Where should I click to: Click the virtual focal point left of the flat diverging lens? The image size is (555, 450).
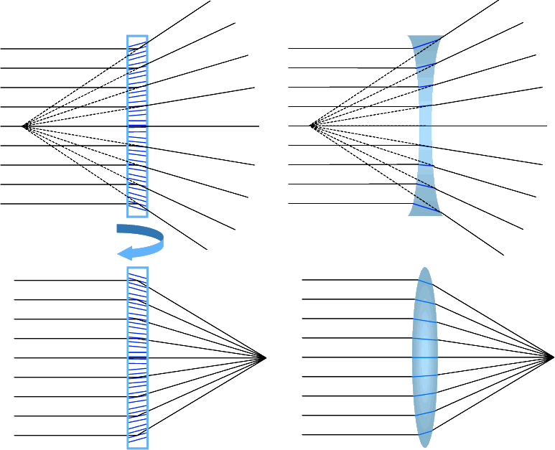[x=25, y=126]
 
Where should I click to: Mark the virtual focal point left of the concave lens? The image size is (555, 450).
[x=312, y=126]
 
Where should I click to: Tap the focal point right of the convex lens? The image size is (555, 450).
[x=551, y=357]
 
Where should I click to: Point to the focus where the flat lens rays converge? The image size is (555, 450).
[x=264, y=357]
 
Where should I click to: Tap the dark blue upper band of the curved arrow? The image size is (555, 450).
[x=140, y=231]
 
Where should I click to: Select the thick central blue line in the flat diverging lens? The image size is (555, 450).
[x=137, y=126]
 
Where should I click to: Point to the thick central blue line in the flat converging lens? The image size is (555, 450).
[x=137, y=357]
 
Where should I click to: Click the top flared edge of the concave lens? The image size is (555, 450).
[x=425, y=38]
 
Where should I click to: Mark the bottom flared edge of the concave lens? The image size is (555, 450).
[x=425, y=212]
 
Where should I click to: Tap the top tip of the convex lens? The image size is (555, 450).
[x=424, y=270]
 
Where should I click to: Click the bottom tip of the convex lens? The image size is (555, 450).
[x=424, y=445]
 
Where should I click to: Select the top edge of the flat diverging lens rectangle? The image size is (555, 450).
[x=137, y=36]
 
